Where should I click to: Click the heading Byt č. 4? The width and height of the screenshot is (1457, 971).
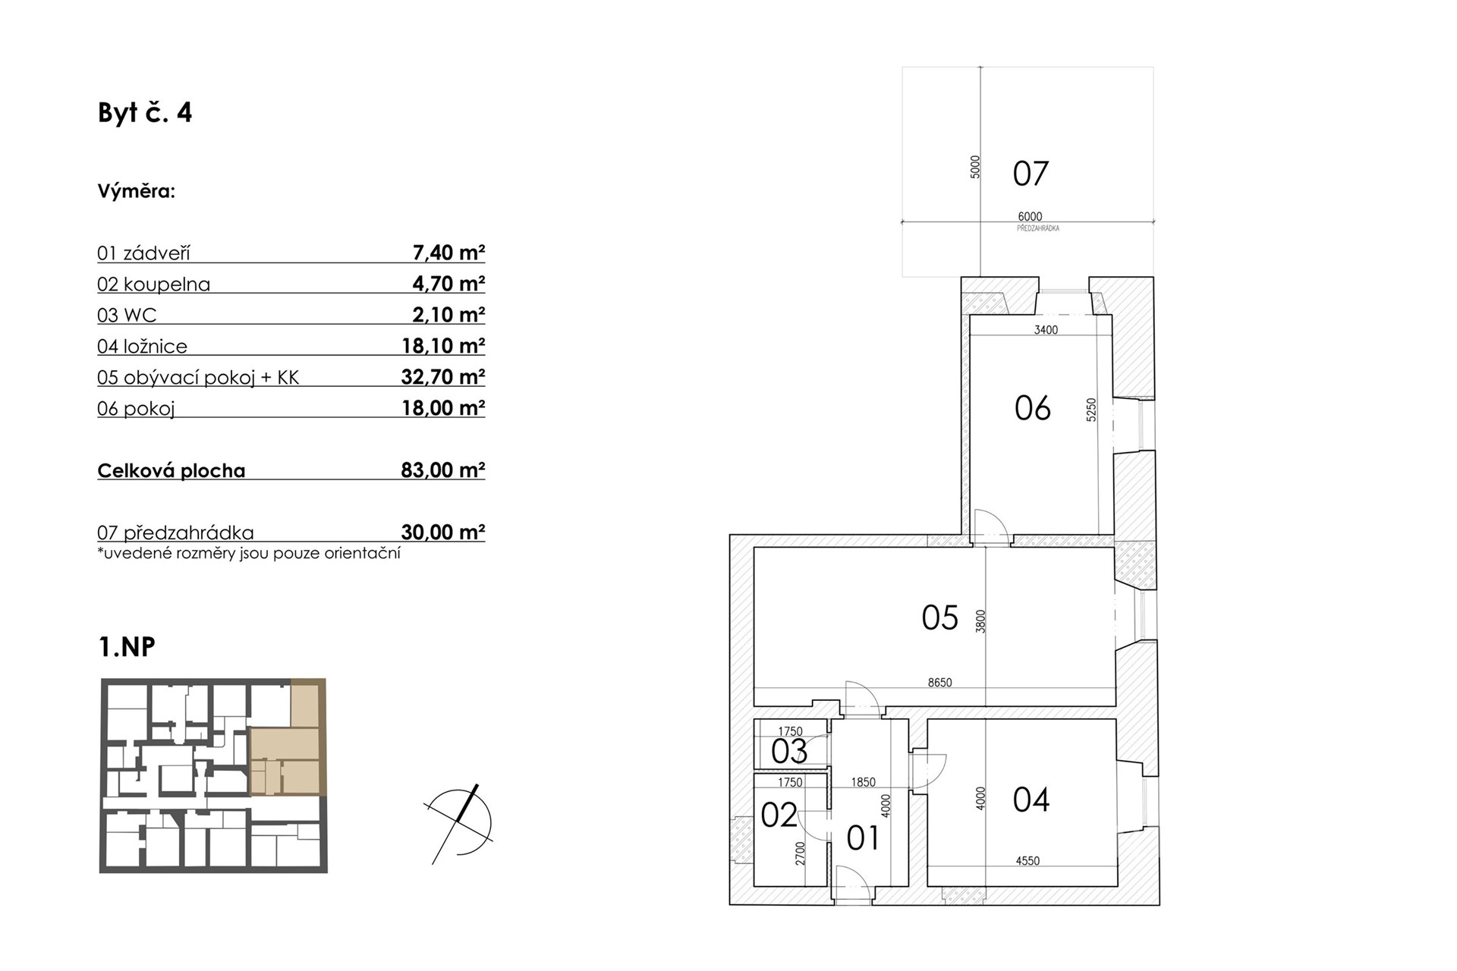click(x=145, y=113)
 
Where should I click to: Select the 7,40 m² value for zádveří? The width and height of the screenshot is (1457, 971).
click(x=448, y=253)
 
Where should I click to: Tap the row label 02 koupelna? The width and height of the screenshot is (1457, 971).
click(x=153, y=284)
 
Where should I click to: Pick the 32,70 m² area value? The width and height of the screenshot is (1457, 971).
click(x=443, y=377)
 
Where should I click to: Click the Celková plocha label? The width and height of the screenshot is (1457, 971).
click(x=172, y=470)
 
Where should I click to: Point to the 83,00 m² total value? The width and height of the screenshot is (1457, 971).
click(x=443, y=470)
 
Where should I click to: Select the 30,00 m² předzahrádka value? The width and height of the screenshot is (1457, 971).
click(x=443, y=533)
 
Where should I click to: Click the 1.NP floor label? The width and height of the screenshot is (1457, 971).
click(x=127, y=647)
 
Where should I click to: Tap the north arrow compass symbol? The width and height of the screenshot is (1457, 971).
click(x=459, y=824)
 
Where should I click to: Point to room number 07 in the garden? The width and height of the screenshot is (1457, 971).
click(x=1031, y=174)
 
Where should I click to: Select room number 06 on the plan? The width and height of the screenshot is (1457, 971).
click(x=1032, y=408)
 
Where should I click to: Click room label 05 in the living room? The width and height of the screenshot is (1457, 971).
click(x=939, y=617)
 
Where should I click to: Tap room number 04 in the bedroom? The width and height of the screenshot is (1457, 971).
click(x=1031, y=800)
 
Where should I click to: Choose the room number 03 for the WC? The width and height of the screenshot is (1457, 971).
click(x=789, y=752)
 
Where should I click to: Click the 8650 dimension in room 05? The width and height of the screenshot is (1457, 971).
click(x=939, y=683)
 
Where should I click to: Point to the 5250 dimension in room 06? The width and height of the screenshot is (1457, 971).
click(x=1091, y=410)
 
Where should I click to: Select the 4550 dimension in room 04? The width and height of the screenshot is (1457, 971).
click(x=1027, y=861)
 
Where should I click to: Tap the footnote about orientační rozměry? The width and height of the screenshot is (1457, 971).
click(x=249, y=553)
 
